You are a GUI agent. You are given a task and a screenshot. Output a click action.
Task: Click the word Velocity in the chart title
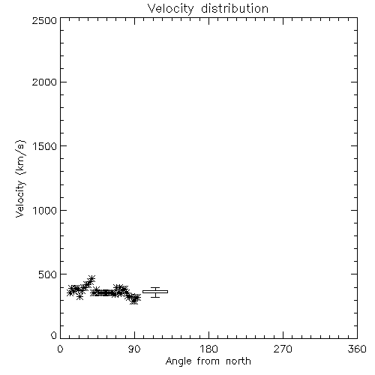click(x=171, y=9)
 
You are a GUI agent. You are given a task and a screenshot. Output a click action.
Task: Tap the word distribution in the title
click(x=235, y=8)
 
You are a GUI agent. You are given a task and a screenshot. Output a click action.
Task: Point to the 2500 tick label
click(x=44, y=20)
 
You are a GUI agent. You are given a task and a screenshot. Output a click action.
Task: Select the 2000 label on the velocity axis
click(x=44, y=82)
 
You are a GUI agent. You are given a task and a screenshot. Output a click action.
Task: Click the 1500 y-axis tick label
click(x=45, y=146)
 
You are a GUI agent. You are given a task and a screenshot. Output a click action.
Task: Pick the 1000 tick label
click(x=45, y=210)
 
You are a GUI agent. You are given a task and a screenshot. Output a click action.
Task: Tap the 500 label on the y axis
click(x=48, y=274)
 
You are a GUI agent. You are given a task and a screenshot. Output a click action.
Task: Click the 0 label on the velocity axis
click(x=54, y=335)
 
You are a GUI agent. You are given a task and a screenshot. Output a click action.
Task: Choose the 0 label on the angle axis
click(x=60, y=349)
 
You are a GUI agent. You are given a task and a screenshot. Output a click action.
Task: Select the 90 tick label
click(x=134, y=349)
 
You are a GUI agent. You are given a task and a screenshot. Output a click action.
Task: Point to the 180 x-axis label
click(x=208, y=349)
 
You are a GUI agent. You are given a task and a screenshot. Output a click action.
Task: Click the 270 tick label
click(x=283, y=349)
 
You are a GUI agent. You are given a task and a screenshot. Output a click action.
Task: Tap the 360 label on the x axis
click(x=357, y=349)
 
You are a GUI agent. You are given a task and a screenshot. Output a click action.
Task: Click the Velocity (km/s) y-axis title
click(x=20, y=178)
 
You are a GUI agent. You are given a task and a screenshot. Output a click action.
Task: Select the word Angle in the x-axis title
click(x=178, y=361)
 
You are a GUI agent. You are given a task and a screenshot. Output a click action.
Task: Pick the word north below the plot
click(x=238, y=361)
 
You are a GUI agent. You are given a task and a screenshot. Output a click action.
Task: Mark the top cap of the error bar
click(x=155, y=288)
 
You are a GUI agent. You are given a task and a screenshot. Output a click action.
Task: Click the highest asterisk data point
click(x=91, y=278)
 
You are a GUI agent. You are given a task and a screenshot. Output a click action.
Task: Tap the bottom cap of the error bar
click(x=155, y=297)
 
